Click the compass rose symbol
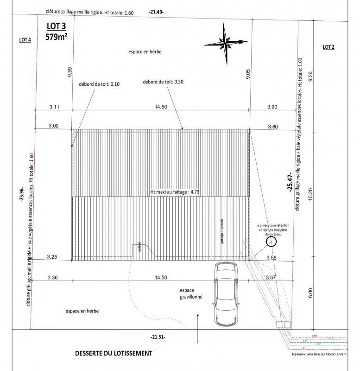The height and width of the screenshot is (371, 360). click(x=226, y=44)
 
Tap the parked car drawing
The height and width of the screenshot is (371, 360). click(x=227, y=294)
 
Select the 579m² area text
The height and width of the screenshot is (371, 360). click(x=57, y=37)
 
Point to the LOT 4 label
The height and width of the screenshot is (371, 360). click(x=25, y=40)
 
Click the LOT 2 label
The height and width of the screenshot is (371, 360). click(x=328, y=47)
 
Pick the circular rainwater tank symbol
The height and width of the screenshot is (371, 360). click(x=270, y=241)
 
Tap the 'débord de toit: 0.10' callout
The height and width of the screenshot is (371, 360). click(x=99, y=84)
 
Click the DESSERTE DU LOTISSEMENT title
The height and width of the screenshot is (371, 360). click(x=113, y=353)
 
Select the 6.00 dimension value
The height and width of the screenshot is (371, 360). click(x=311, y=294)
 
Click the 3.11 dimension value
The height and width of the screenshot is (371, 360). click(x=54, y=107)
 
